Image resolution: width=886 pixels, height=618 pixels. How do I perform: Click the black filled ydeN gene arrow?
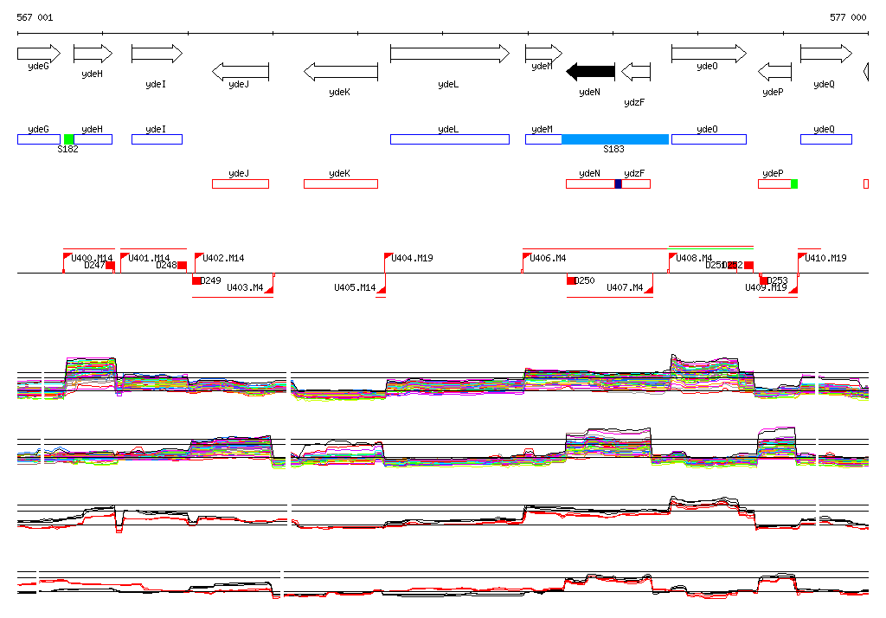pos(591,71)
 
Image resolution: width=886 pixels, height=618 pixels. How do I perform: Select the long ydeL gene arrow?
pos(449,54)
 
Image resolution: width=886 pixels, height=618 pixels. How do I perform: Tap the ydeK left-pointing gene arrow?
pos(341,71)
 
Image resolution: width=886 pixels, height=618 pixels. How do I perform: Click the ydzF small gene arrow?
pos(636,71)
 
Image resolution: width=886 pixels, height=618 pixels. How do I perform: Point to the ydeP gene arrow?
pos(774,71)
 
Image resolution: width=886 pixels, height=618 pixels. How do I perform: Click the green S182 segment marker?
pos(69,139)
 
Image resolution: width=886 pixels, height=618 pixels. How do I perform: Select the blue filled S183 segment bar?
pos(614,139)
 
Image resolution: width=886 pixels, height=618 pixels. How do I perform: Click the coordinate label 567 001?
pos(35,17)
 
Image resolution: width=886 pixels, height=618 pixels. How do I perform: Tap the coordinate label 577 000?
pos(848,17)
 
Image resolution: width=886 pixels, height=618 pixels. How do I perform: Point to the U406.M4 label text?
pos(549,258)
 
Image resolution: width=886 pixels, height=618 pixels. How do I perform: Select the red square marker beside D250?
pos(571,280)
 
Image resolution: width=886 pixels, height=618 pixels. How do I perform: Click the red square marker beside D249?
pos(196,280)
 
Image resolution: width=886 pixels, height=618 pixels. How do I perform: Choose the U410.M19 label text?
pos(826,258)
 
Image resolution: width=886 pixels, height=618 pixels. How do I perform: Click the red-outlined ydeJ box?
pos(240,183)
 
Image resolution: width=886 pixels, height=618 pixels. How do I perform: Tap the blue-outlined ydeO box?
pos(707,139)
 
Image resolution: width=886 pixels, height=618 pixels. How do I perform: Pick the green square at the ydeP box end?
pos(793,183)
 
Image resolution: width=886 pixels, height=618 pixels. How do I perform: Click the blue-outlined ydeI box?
pos(157,139)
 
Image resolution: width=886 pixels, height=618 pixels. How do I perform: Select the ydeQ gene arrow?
pos(825,54)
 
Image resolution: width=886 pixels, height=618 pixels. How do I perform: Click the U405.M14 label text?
pos(355,287)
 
